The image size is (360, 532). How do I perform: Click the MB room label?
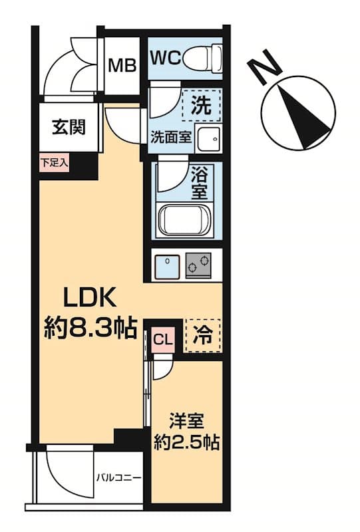(x=122, y=65)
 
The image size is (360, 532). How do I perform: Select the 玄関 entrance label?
(x=69, y=126)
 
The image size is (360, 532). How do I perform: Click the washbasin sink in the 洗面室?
(x=210, y=138)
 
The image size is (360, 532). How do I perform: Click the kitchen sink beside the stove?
(x=166, y=266)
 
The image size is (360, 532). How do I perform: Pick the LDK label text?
(x=90, y=297)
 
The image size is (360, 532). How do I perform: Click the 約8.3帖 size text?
(x=90, y=327)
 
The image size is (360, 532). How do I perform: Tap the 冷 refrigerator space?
(x=202, y=334)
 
